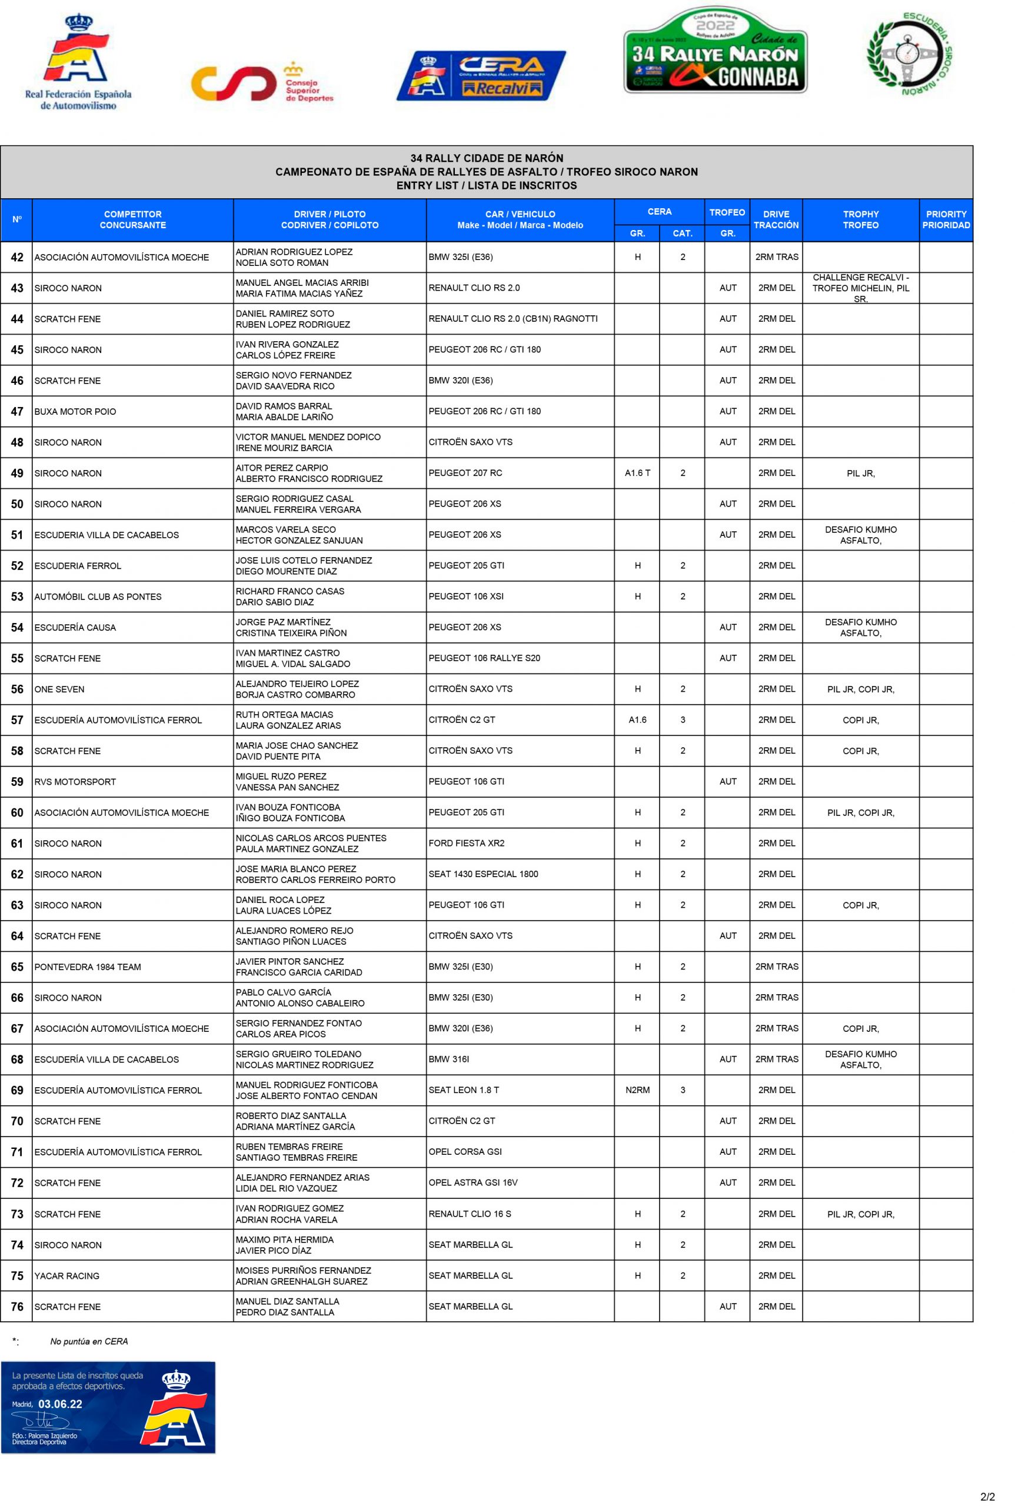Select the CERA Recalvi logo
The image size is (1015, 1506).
point(480,76)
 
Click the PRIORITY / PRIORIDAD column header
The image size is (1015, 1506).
point(945,219)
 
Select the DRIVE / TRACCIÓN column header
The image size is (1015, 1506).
point(776,219)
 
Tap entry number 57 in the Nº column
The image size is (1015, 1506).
point(17,719)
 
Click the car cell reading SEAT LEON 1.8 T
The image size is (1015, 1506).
point(464,1090)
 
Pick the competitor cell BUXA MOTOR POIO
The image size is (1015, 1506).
point(75,412)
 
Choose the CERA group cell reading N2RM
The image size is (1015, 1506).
point(637,1090)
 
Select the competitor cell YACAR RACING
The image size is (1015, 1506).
point(66,1275)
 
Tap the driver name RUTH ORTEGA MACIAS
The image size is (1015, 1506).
point(284,715)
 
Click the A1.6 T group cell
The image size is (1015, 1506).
point(637,473)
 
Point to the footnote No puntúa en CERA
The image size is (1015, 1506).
point(89,1341)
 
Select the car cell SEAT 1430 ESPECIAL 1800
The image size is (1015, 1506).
point(483,874)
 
